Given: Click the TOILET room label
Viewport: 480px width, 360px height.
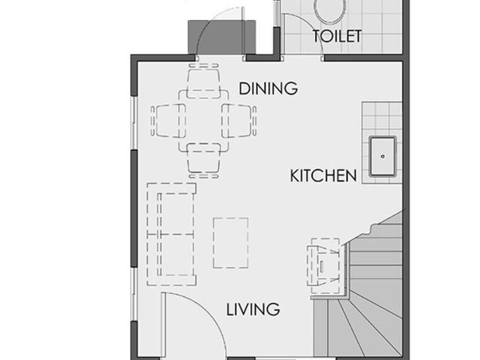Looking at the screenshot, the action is (337, 36).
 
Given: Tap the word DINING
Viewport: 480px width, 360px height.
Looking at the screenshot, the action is (268, 88).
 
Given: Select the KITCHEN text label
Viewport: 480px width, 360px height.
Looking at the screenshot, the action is (323, 175).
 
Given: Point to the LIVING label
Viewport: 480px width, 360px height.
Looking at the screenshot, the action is (253, 309).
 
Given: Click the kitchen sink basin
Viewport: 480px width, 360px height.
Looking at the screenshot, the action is (382, 157).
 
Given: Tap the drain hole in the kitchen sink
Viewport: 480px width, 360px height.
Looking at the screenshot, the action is (382, 157).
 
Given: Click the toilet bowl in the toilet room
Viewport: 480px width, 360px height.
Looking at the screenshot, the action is (331, 10).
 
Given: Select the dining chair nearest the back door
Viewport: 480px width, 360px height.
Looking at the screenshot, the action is (203, 81).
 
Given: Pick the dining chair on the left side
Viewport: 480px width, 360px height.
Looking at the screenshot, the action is (168, 121).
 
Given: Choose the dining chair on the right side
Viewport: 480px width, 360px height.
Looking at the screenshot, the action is (239, 121).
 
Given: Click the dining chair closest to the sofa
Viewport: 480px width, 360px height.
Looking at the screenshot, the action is (203, 160).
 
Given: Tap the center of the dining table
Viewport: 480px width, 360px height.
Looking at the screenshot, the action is (203, 121).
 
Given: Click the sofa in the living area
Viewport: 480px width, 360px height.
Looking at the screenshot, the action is (171, 235).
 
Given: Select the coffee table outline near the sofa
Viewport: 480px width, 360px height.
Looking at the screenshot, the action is (230, 243).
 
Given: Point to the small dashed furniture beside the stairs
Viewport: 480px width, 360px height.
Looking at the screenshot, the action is (323, 265).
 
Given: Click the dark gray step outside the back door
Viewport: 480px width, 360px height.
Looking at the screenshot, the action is (222, 37).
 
